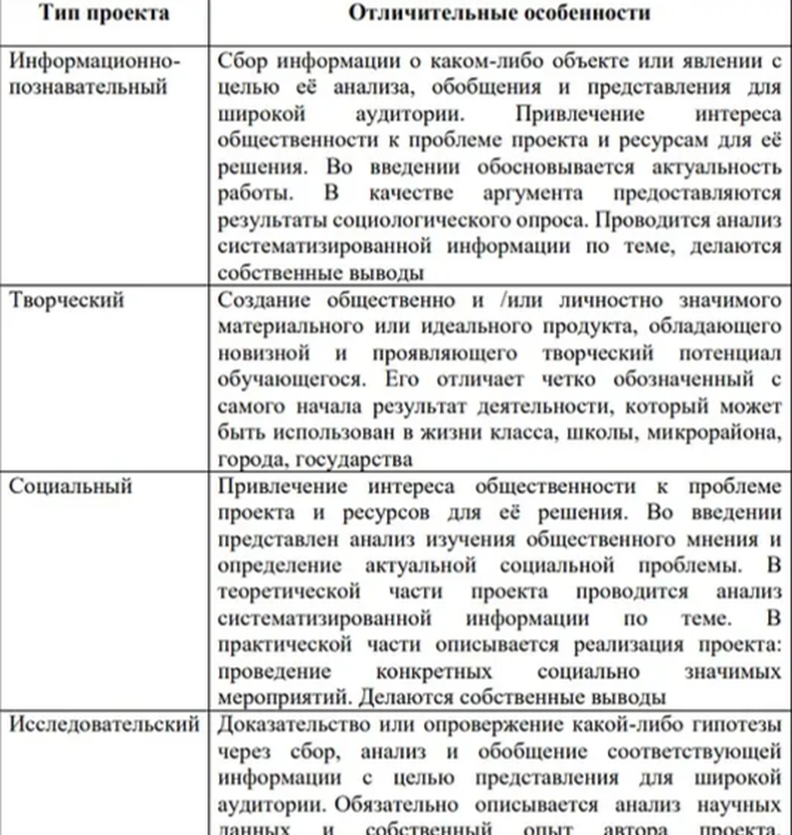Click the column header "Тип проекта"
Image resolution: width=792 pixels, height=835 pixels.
click(104, 13)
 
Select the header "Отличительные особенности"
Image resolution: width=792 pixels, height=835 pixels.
click(499, 13)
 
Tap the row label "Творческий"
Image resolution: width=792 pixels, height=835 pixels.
click(67, 300)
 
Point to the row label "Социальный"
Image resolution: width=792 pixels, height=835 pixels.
click(71, 486)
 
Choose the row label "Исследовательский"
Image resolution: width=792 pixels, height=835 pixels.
click(104, 725)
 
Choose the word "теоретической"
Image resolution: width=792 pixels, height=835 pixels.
click(289, 592)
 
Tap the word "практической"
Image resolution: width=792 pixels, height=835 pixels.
click(284, 645)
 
